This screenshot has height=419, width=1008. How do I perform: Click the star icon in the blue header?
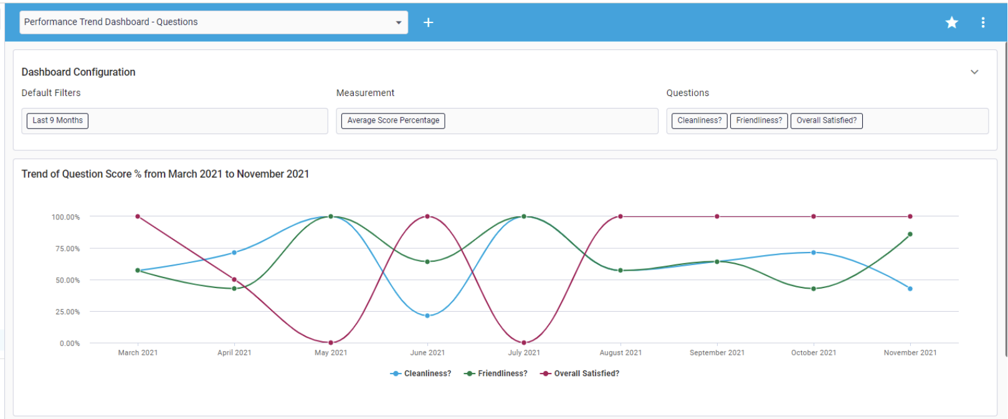[951, 22]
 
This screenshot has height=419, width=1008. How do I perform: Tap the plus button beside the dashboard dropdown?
[428, 22]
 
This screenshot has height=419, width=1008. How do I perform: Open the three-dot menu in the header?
[983, 22]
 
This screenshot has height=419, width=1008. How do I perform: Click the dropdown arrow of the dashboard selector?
[399, 22]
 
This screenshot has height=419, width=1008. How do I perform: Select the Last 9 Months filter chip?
[57, 120]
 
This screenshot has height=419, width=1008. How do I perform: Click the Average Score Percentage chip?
[393, 120]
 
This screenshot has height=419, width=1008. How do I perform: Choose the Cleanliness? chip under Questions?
[699, 120]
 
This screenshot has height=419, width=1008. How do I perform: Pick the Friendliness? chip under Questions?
[759, 120]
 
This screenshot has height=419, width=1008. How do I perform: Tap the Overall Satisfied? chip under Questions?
[826, 120]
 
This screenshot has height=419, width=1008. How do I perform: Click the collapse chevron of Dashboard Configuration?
[974, 72]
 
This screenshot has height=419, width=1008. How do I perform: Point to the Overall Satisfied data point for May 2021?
[331, 342]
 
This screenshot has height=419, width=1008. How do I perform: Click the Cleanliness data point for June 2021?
[427, 315]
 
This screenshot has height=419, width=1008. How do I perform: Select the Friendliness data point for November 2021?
[910, 234]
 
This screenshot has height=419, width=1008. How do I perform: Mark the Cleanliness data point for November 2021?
[910, 289]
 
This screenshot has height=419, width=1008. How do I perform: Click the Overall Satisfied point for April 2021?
[234, 279]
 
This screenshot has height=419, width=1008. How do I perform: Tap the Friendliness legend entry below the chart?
[496, 373]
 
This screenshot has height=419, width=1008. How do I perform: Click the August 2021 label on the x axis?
[620, 353]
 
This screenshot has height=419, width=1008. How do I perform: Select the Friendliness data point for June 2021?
[427, 262]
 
